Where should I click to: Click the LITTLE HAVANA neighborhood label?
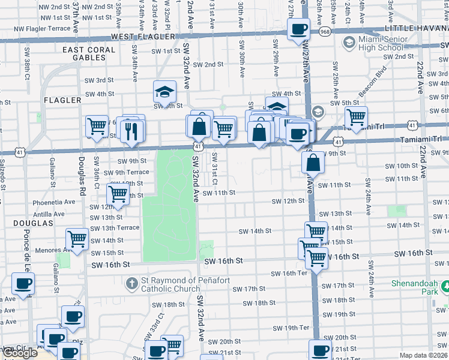(417, 28)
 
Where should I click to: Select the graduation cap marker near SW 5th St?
(164, 92)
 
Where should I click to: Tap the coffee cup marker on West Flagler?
(298, 29)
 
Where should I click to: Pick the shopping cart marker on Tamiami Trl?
(357, 117)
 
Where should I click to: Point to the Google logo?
(20, 353)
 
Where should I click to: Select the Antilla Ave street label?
(49, 214)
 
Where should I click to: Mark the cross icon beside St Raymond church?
(131, 283)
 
